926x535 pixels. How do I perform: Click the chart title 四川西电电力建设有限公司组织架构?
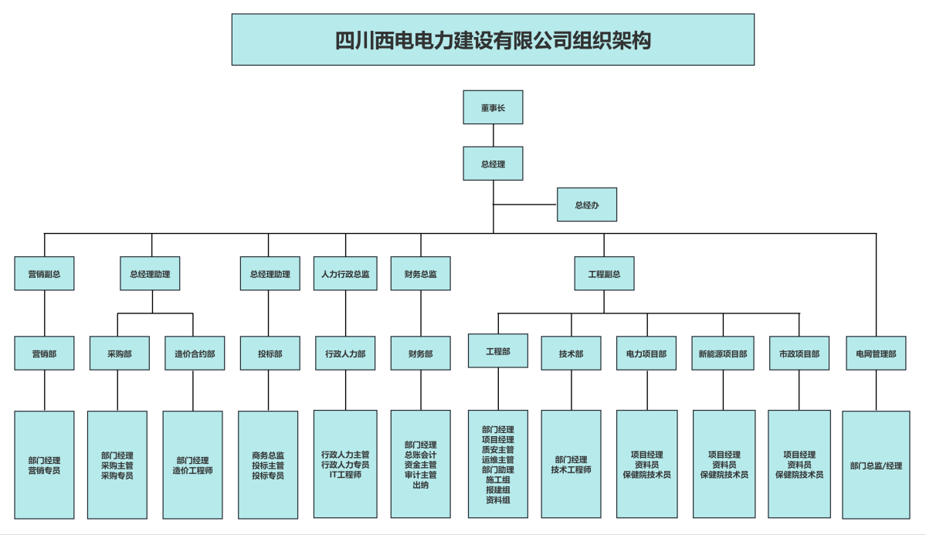pos(493,40)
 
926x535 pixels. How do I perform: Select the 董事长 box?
pos(493,107)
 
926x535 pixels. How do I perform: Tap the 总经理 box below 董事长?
pos(493,164)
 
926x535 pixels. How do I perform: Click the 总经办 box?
pos(587,205)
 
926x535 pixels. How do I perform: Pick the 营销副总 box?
pos(45,274)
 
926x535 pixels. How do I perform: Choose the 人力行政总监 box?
pos(345,274)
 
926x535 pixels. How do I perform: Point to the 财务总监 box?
pos(421,274)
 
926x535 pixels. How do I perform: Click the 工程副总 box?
pos(604,274)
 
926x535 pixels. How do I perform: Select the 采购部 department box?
pos(120,354)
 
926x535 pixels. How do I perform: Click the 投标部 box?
pos(270,354)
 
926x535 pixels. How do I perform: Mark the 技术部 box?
pos(572,354)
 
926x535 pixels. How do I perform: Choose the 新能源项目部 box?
pos(723,354)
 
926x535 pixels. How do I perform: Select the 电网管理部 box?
pos(876,354)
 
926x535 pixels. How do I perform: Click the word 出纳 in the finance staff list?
pos(421,485)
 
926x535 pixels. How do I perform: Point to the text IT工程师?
pos(345,475)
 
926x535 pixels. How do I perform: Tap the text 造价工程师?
pos(193,470)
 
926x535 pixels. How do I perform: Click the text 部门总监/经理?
pos(876,466)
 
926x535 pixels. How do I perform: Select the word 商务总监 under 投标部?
pos(268,455)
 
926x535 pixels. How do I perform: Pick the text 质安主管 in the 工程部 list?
pos(498,449)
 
